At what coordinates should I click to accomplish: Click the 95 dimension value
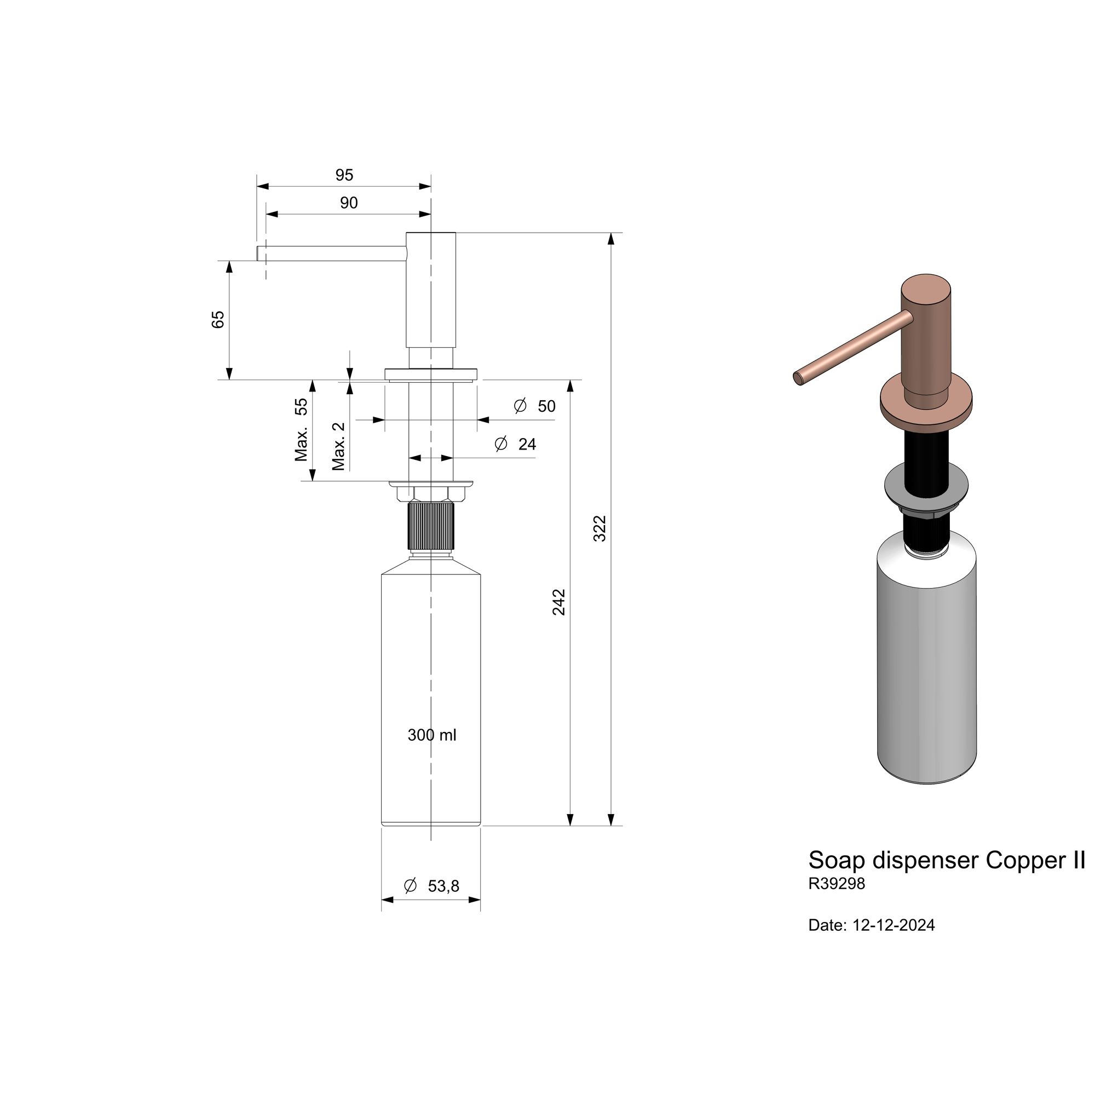click(x=344, y=175)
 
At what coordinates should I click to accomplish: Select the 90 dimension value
click(x=349, y=203)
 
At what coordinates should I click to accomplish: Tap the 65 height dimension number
click(x=218, y=319)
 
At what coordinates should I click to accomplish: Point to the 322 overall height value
click(x=600, y=528)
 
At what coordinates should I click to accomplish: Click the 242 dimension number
click(x=559, y=602)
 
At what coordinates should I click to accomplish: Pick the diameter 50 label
click(x=534, y=406)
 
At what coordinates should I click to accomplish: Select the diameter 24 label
click(x=515, y=444)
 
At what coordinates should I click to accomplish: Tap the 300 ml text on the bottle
click(x=432, y=735)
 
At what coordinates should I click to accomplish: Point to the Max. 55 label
click(x=301, y=430)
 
